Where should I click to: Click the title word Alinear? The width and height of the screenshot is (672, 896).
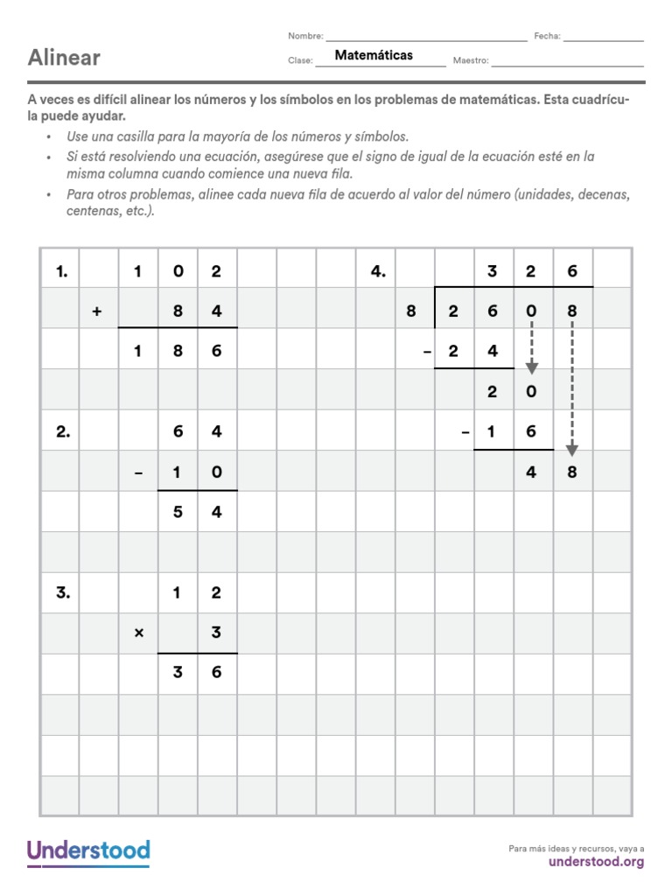click(64, 58)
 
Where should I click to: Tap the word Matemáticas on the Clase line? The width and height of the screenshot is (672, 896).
click(374, 55)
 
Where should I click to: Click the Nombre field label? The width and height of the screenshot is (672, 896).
click(304, 37)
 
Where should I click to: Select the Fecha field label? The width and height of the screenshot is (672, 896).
click(547, 37)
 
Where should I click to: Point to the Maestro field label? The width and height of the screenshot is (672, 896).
click(471, 61)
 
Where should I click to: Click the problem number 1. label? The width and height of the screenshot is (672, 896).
click(61, 271)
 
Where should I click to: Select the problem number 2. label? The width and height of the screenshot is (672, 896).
click(61, 431)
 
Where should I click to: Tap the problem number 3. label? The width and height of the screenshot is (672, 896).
click(61, 592)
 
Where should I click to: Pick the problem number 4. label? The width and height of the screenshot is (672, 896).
click(378, 271)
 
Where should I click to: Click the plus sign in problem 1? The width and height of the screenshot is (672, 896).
click(97, 311)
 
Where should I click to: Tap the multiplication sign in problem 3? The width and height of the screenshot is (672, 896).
click(138, 633)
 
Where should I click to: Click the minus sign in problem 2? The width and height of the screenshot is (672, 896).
click(138, 472)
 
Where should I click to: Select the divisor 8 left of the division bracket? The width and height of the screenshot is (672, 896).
click(410, 311)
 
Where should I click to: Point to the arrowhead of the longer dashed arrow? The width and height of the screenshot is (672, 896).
click(571, 450)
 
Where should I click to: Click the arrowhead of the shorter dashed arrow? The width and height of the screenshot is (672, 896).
click(531, 367)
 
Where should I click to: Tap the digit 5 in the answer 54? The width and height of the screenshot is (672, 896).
click(177, 513)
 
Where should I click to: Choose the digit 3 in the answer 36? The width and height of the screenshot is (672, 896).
click(177, 673)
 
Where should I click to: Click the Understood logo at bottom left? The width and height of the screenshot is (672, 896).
click(88, 851)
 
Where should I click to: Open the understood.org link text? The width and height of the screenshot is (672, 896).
click(596, 862)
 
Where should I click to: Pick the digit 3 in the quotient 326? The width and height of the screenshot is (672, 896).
click(492, 271)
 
